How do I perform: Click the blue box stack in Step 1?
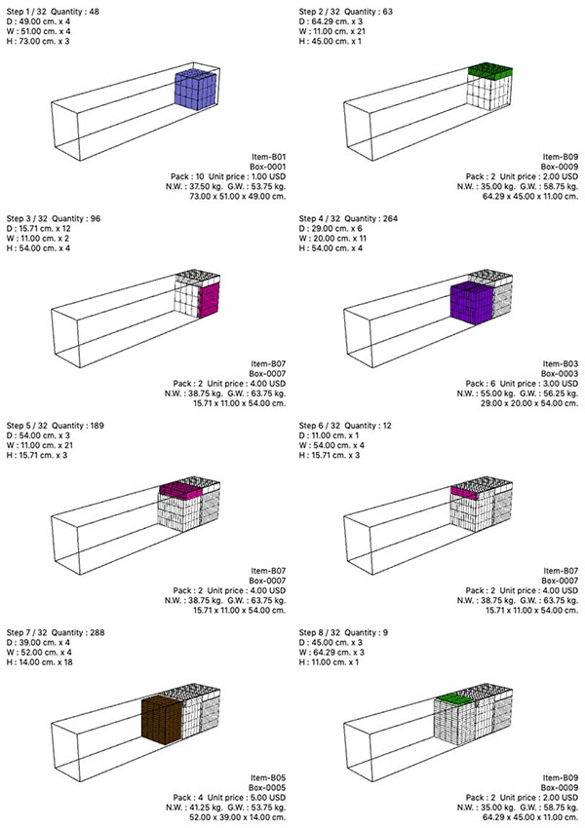pyautogui.click(x=196, y=90)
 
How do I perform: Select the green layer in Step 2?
pyautogui.click(x=490, y=71)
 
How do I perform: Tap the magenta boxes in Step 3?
pyautogui.click(x=209, y=299)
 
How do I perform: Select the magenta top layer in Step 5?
pyautogui.click(x=180, y=491)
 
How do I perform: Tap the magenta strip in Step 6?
pyautogui.click(x=464, y=493)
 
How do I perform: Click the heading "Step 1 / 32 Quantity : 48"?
pyautogui.click(x=53, y=12)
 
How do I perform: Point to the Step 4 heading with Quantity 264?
pyautogui.click(x=348, y=218)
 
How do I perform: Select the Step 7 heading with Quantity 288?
pyautogui.click(x=56, y=632)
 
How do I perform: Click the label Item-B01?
pyautogui.click(x=268, y=157)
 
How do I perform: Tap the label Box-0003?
pyautogui.click(x=560, y=374)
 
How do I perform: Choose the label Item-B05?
pyautogui.click(x=268, y=778)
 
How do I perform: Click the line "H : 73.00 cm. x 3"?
pyautogui.click(x=38, y=41)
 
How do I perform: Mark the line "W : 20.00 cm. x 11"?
pyautogui.click(x=332, y=239)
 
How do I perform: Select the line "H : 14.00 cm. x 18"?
pyautogui.click(x=40, y=662)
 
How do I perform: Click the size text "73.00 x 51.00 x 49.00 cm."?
pyautogui.click(x=238, y=197)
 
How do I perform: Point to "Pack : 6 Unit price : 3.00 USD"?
pyautogui.click(x=523, y=384)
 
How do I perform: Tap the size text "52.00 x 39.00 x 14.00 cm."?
pyautogui.click(x=238, y=817)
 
